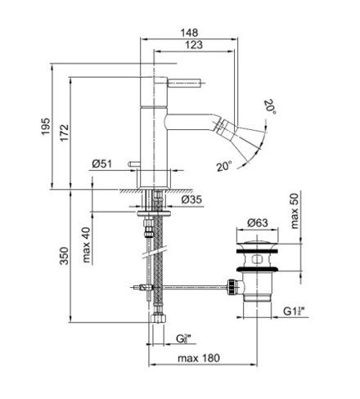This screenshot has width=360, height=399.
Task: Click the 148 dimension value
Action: coord(189,33)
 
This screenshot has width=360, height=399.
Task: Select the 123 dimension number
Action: coord(194,45)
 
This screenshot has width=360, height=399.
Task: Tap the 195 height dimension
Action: coord(46,126)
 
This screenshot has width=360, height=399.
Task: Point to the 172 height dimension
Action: coord(65,132)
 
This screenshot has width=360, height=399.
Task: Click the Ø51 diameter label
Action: coord(102,164)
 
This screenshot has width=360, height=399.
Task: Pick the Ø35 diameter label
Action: coord(191,199)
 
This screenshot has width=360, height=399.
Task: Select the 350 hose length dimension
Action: coord(65,256)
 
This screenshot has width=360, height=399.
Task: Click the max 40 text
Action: coord(86,244)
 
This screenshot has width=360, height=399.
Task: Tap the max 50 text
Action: coord(295,211)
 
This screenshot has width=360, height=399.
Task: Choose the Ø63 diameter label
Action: coord(258,222)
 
